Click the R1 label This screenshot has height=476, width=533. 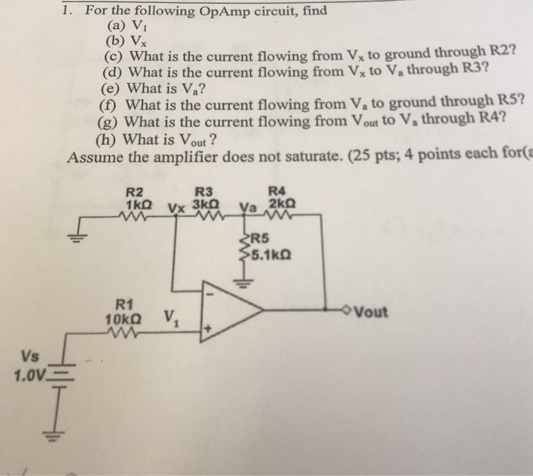click(123, 303)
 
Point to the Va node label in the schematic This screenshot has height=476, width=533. click(248, 205)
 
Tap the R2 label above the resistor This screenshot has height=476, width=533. click(134, 193)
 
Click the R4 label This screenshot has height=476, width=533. click(277, 192)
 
